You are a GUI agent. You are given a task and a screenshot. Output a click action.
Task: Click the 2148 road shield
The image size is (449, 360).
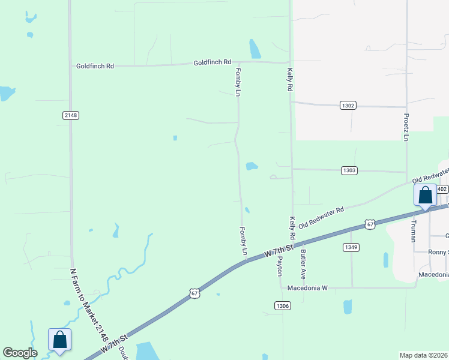pyautogui.click(x=71, y=115)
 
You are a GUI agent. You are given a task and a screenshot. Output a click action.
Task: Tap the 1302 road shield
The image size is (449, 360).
pyautogui.click(x=348, y=106)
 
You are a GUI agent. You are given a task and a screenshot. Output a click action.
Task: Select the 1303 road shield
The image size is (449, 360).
pyautogui.click(x=350, y=170)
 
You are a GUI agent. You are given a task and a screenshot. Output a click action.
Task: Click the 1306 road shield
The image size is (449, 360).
pyautogui.click(x=283, y=306)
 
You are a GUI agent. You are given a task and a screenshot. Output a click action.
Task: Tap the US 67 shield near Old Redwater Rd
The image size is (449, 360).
pyautogui.click(x=370, y=224)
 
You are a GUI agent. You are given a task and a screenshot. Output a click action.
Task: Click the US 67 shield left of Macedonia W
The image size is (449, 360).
pyautogui.click(x=193, y=293)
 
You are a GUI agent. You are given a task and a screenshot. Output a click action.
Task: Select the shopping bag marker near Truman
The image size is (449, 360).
pyautogui.click(x=425, y=196)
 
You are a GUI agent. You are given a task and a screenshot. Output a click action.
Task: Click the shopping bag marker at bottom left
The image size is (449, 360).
pyautogui.click(x=60, y=340)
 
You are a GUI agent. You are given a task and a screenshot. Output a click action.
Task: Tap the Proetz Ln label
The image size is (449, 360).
pyautogui.click(x=406, y=126)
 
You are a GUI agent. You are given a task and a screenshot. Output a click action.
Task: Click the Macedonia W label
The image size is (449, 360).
pyautogui.click(x=307, y=288)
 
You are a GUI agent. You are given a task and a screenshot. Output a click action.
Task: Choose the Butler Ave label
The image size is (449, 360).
pyautogui.click(x=304, y=265)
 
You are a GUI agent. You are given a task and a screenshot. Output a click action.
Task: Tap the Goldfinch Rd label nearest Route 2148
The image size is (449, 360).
pyautogui.click(x=95, y=66)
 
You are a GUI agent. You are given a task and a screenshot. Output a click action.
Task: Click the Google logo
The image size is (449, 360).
pyautogui.click(x=20, y=353)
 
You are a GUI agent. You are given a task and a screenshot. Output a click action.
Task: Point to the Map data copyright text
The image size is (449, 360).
pyautogui.click(x=423, y=355)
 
